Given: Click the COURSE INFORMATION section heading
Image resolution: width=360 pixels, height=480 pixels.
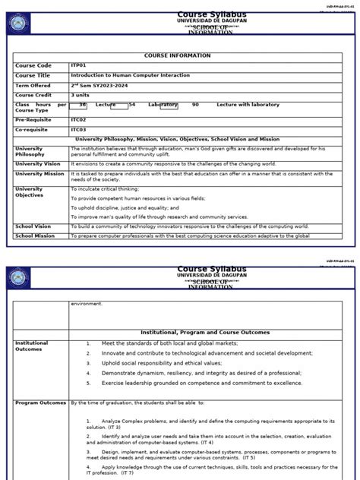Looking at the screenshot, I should (x=177, y=55).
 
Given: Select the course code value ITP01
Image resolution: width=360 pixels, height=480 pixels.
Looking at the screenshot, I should (x=78, y=66).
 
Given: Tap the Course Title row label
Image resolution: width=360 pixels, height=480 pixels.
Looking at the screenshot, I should (x=34, y=75).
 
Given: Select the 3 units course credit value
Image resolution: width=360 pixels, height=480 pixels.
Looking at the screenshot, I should (x=81, y=95).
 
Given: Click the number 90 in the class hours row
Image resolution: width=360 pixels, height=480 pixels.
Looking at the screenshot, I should (x=195, y=104).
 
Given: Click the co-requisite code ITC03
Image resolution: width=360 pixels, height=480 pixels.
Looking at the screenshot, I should (x=78, y=130).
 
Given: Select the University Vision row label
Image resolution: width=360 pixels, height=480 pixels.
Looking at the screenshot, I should (x=38, y=163).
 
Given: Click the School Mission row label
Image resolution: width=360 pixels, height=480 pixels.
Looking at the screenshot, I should (x=35, y=236).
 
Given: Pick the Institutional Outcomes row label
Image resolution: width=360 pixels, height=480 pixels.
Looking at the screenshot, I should (x=32, y=346).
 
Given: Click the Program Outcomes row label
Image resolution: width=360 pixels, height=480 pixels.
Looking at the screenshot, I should (x=40, y=403).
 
